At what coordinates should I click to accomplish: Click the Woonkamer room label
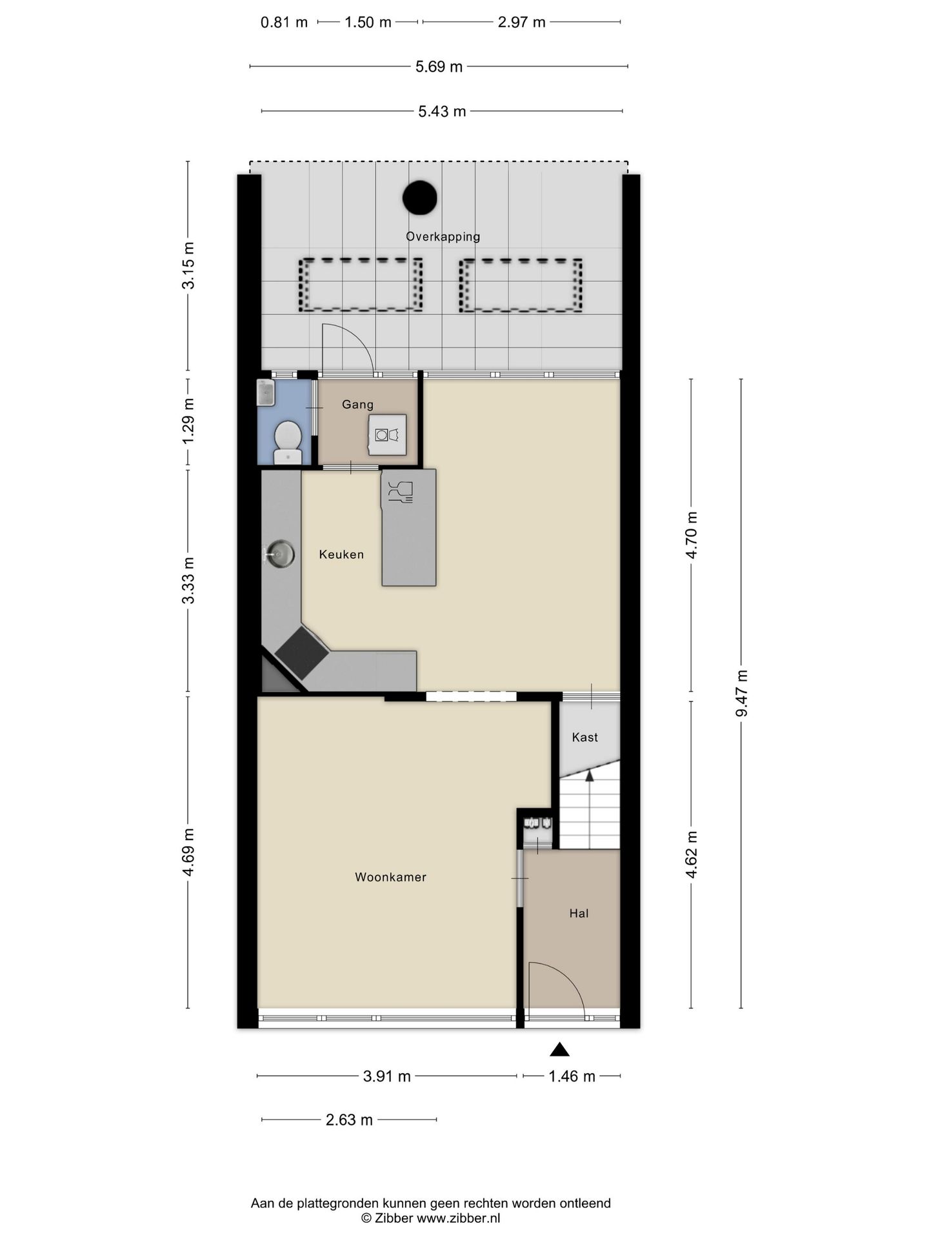point(390,877)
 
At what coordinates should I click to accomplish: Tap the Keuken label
point(341,554)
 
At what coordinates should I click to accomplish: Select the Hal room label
point(579,913)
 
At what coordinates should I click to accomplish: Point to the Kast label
point(585,737)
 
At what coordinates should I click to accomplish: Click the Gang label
point(357,405)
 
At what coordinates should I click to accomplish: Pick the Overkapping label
point(443,237)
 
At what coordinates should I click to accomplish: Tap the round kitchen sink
point(280,554)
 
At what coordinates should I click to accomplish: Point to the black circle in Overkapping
point(420,198)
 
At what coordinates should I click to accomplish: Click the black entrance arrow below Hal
point(559,1050)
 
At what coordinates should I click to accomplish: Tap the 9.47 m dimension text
point(742,693)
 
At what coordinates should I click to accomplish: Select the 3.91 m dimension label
point(387,1076)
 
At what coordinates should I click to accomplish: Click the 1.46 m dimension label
point(572,1076)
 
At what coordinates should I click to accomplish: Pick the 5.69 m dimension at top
point(439,66)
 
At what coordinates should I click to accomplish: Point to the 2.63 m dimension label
point(349,1120)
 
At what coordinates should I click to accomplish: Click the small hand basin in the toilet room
point(266,392)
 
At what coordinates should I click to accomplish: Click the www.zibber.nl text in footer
point(458,1218)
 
